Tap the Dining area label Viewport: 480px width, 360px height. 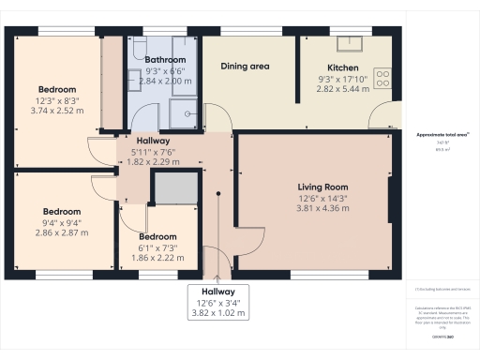(x=247, y=67)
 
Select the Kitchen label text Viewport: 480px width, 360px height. (x=344, y=67)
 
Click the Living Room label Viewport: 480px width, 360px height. (x=322, y=187)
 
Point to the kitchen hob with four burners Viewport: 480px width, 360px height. (x=382, y=79)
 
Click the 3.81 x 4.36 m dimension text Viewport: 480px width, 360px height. (x=322, y=208)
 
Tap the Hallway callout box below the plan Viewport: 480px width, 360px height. (x=217, y=303)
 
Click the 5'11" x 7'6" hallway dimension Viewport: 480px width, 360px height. (x=152, y=151)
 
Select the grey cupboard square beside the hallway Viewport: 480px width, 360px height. (x=174, y=188)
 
